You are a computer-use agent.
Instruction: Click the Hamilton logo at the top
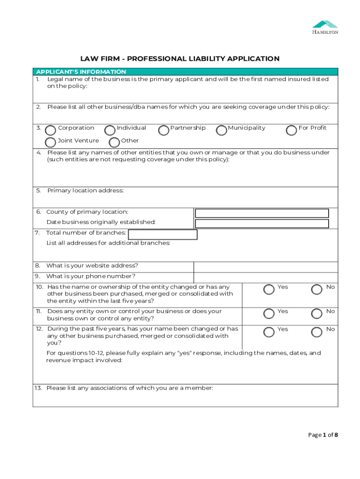pyautogui.click(x=325, y=27)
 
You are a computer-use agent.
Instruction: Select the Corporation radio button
pyautogui.click(x=50, y=130)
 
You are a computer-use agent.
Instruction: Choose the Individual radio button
pyautogui.click(x=110, y=130)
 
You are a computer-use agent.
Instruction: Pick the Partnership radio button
pyautogui.click(x=164, y=130)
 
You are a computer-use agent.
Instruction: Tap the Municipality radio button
pyautogui.click(x=222, y=130)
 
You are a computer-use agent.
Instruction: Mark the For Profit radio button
pyautogui.click(x=291, y=130)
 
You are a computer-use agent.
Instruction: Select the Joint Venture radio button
pyautogui.click(x=50, y=143)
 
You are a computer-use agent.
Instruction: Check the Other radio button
pyautogui.click(x=114, y=143)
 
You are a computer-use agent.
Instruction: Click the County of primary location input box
pyautogui.click(x=262, y=213)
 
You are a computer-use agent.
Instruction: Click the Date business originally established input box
pyautogui.click(x=262, y=224)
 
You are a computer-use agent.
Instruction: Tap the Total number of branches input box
pyautogui.click(x=163, y=234)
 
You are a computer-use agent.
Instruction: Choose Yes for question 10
pyautogui.click(x=269, y=290)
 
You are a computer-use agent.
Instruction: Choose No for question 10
pyautogui.click(x=317, y=290)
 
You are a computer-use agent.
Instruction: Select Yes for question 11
pyautogui.click(x=269, y=314)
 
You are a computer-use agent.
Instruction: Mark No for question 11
pyautogui.click(x=317, y=314)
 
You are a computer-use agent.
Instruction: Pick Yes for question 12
pyautogui.click(x=269, y=332)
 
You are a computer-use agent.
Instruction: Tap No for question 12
pyautogui.click(x=317, y=332)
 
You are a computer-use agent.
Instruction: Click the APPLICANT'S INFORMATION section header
pyautogui.click(x=81, y=72)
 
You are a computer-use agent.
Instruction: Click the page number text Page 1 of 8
pyautogui.click(x=323, y=435)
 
